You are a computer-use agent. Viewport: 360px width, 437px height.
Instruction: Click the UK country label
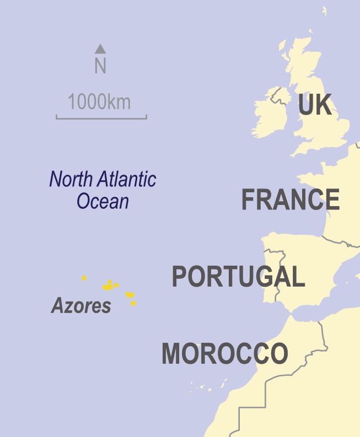click(x=315, y=105)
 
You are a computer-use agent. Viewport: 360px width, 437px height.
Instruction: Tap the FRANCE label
click(x=290, y=199)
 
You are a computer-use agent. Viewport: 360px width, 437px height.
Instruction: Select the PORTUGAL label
click(x=238, y=276)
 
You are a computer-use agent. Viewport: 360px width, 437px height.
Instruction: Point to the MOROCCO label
click(x=224, y=353)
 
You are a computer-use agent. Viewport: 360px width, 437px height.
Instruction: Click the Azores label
click(x=81, y=306)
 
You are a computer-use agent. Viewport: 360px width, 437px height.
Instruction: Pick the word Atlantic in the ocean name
click(x=128, y=180)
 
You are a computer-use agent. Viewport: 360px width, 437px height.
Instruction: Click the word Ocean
click(x=103, y=201)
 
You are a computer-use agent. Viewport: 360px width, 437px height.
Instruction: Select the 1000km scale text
click(x=99, y=102)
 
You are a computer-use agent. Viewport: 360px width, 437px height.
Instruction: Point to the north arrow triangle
click(x=100, y=48)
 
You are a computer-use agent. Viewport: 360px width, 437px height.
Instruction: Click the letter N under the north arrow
click(x=100, y=66)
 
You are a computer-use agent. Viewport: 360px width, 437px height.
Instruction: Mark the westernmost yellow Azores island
click(x=84, y=278)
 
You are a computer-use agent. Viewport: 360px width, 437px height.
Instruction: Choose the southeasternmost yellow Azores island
click(x=133, y=303)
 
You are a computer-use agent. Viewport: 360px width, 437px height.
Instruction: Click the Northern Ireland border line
click(x=280, y=97)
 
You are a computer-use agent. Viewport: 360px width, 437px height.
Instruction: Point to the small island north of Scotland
click(x=324, y=11)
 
